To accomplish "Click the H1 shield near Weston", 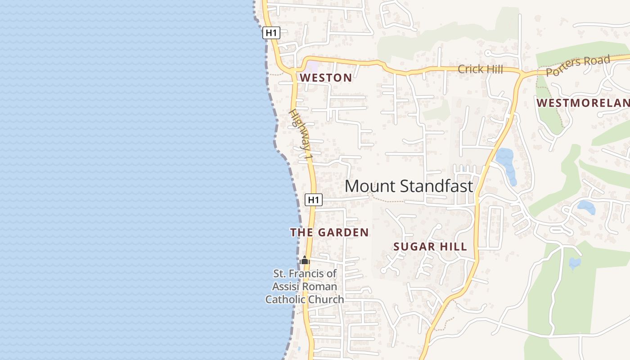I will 271,32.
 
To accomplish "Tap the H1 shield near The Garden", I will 314,199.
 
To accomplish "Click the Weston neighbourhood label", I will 326,78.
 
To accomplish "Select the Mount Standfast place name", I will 409,186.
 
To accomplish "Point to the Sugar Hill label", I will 430,247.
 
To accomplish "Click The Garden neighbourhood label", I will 329,233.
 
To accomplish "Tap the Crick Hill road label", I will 480,69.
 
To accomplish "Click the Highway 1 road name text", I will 301,135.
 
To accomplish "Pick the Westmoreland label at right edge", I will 583,103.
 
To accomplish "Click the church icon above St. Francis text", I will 305,261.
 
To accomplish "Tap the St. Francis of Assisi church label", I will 305,286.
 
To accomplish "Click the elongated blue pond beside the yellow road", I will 506,165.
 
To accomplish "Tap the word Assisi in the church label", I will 286,287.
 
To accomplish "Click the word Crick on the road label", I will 468,69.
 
